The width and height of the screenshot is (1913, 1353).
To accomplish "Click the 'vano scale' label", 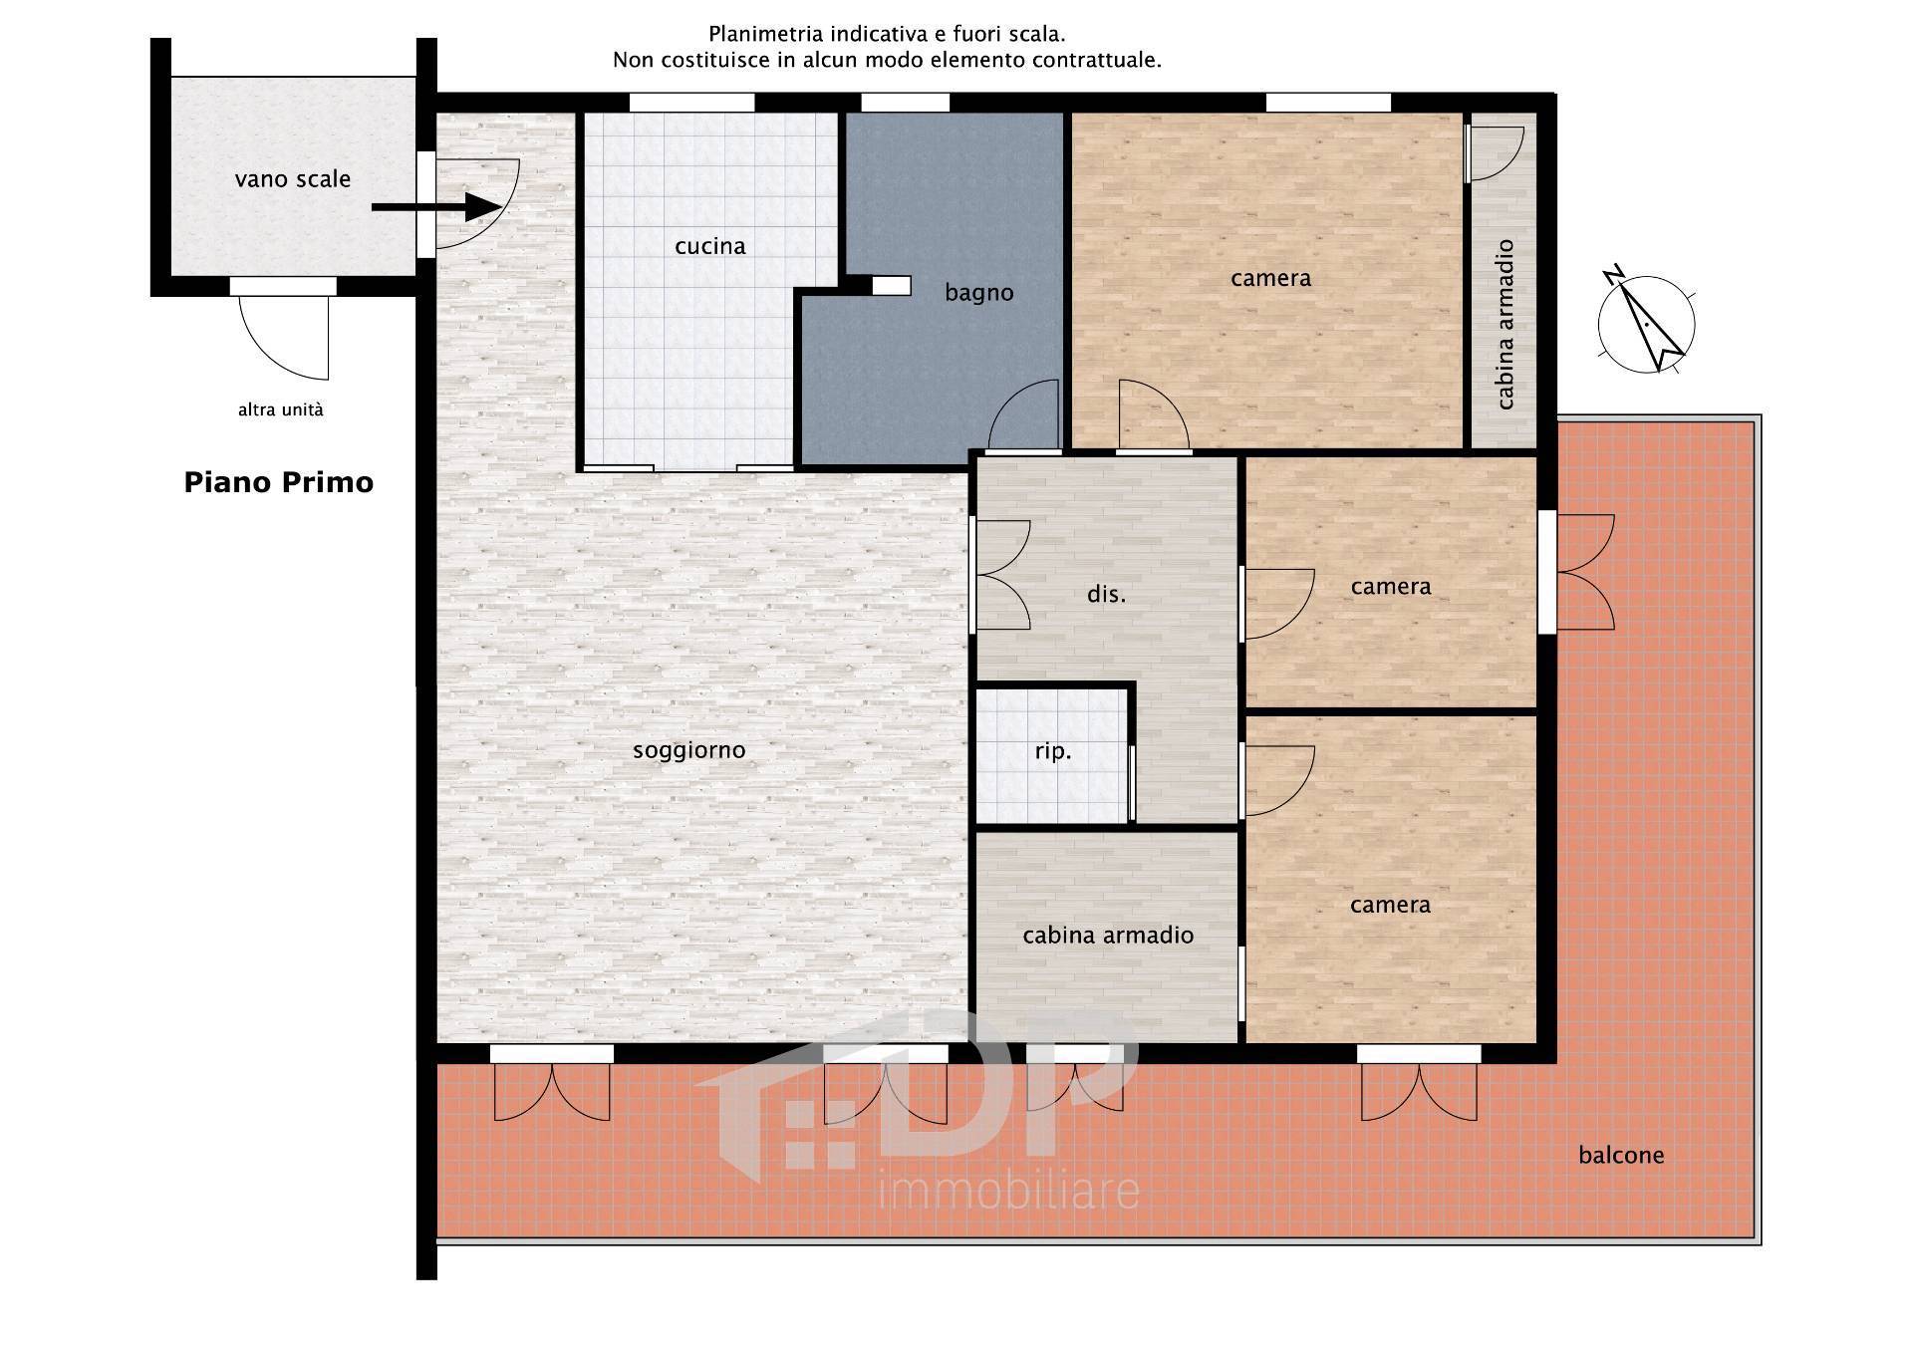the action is [293, 179].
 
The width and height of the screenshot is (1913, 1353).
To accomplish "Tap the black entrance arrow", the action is [436, 207].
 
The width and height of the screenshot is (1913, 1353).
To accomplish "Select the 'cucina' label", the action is [709, 246].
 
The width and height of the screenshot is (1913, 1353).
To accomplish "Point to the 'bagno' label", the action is [979, 293].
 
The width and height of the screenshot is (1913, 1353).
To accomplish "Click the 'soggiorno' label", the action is [689, 750].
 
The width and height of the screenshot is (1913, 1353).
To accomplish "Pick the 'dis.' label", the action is [1106, 595].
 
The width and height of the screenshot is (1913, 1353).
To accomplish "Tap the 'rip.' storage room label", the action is [1053, 751].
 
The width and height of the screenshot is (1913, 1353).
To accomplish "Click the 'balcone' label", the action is [1621, 1155].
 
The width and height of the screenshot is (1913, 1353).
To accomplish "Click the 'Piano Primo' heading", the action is [279, 482].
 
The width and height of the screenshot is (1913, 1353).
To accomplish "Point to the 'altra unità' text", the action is [281, 409].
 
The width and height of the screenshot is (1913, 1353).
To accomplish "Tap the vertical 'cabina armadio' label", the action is [1505, 325].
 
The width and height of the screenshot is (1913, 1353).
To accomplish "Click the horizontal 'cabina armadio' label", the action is [1108, 936].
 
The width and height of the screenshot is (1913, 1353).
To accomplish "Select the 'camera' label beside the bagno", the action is [1270, 278].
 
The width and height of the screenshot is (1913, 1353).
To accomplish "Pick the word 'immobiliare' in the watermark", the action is [1008, 1192].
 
